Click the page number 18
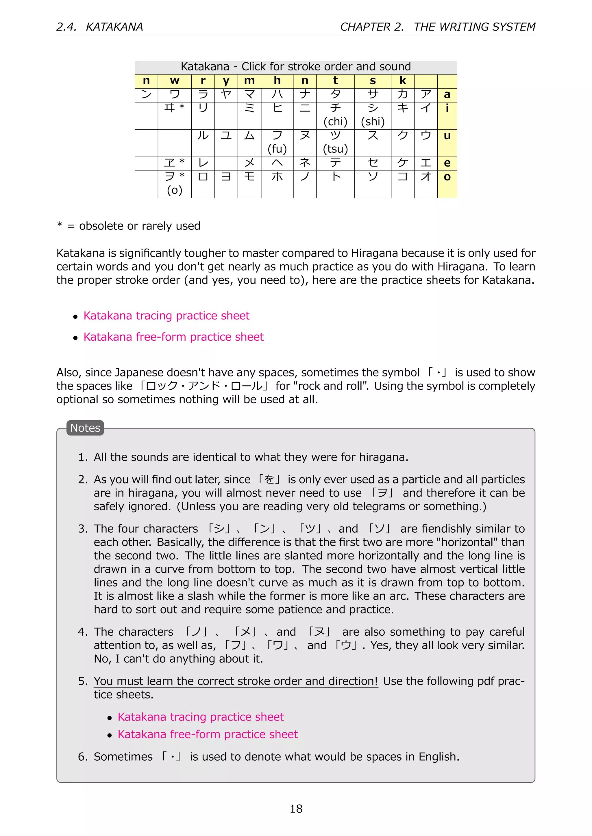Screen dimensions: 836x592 [x=296, y=808]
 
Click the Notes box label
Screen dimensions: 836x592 [x=85, y=428]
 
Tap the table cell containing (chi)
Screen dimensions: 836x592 [x=335, y=115]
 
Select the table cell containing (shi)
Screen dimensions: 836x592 [x=373, y=115]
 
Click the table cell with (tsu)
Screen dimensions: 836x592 [x=335, y=143]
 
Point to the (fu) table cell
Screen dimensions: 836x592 [x=277, y=143]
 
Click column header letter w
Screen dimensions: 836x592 [x=174, y=81]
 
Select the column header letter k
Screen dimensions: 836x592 [x=402, y=81]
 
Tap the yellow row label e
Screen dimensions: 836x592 [x=447, y=163]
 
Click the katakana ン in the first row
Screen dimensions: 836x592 [x=146, y=95]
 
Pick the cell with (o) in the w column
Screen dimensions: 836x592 [x=174, y=184]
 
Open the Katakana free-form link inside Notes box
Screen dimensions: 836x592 [x=208, y=734]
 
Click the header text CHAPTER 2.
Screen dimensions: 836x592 [x=372, y=27]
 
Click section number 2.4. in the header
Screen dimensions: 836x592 [x=67, y=27]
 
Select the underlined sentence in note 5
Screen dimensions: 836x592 [x=236, y=681]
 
